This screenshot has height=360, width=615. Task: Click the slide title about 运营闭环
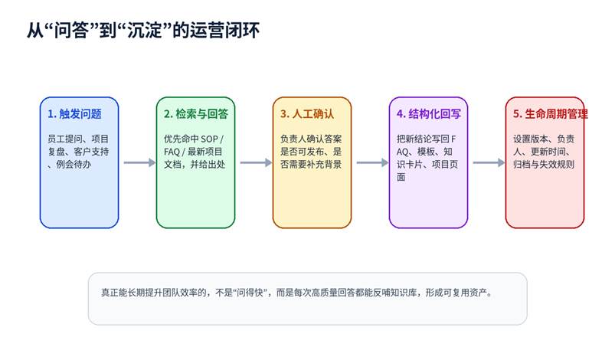[x=143, y=30]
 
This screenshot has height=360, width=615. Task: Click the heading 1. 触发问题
[x=74, y=113]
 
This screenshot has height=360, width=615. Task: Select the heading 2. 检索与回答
[x=196, y=113]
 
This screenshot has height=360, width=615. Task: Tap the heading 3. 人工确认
[x=307, y=113]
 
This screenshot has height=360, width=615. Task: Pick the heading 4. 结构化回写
[x=429, y=113]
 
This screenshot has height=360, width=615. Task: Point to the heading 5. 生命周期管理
[x=551, y=113]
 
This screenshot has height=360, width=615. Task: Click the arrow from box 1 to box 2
[x=139, y=162]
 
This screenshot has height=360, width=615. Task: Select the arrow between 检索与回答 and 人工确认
[x=256, y=162]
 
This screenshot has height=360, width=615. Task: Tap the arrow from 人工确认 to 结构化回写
[x=373, y=162]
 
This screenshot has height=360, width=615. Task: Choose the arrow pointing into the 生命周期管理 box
[x=489, y=162]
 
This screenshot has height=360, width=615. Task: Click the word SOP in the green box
[x=209, y=139]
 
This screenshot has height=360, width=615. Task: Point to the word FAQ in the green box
[x=172, y=152]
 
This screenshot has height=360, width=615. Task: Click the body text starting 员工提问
[x=78, y=152]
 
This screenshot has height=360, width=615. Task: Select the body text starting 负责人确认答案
[x=311, y=152]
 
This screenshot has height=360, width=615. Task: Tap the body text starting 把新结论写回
[x=427, y=158]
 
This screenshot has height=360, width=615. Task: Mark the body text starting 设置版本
[x=544, y=152]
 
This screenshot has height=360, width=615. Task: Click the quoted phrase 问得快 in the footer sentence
[x=250, y=293]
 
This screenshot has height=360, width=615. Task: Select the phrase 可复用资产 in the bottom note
[x=465, y=293]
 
